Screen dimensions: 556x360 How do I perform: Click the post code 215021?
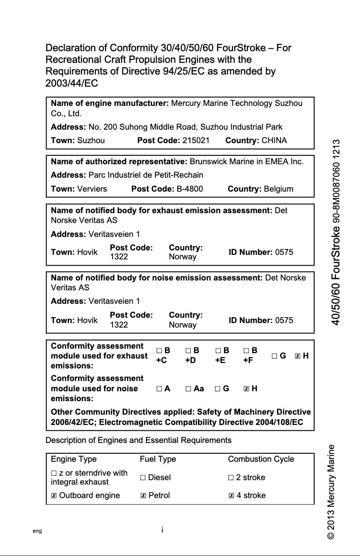(x=196, y=140)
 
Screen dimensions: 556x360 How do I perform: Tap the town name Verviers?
(x=92, y=189)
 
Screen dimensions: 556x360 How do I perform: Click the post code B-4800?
(x=189, y=189)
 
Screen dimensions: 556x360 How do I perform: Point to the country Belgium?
(x=278, y=189)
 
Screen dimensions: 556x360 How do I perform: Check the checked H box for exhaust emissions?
(x=297, y=356)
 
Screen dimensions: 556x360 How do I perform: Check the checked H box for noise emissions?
(x=246, y=389)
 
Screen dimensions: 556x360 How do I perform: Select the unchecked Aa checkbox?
(x=189, y=389)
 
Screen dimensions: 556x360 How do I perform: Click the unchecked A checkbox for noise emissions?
(x=159, y=389)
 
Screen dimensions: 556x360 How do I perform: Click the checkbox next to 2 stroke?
(x=231, y=478)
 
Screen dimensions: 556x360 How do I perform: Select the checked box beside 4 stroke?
(x=231, y=496)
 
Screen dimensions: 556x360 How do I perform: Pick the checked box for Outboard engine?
(x=54, y=496)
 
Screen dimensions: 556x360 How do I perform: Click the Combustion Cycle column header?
(x=261, y=459)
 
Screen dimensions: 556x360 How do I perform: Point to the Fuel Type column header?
(x=158, y=459)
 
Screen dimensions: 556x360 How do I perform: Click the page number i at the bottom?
(x=162, y=530)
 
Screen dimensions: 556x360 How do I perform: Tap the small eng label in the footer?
(x=37, y=531)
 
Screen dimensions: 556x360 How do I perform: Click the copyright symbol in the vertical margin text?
(x=331, y=536)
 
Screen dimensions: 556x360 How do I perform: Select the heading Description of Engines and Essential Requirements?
(x=139, y=440)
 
